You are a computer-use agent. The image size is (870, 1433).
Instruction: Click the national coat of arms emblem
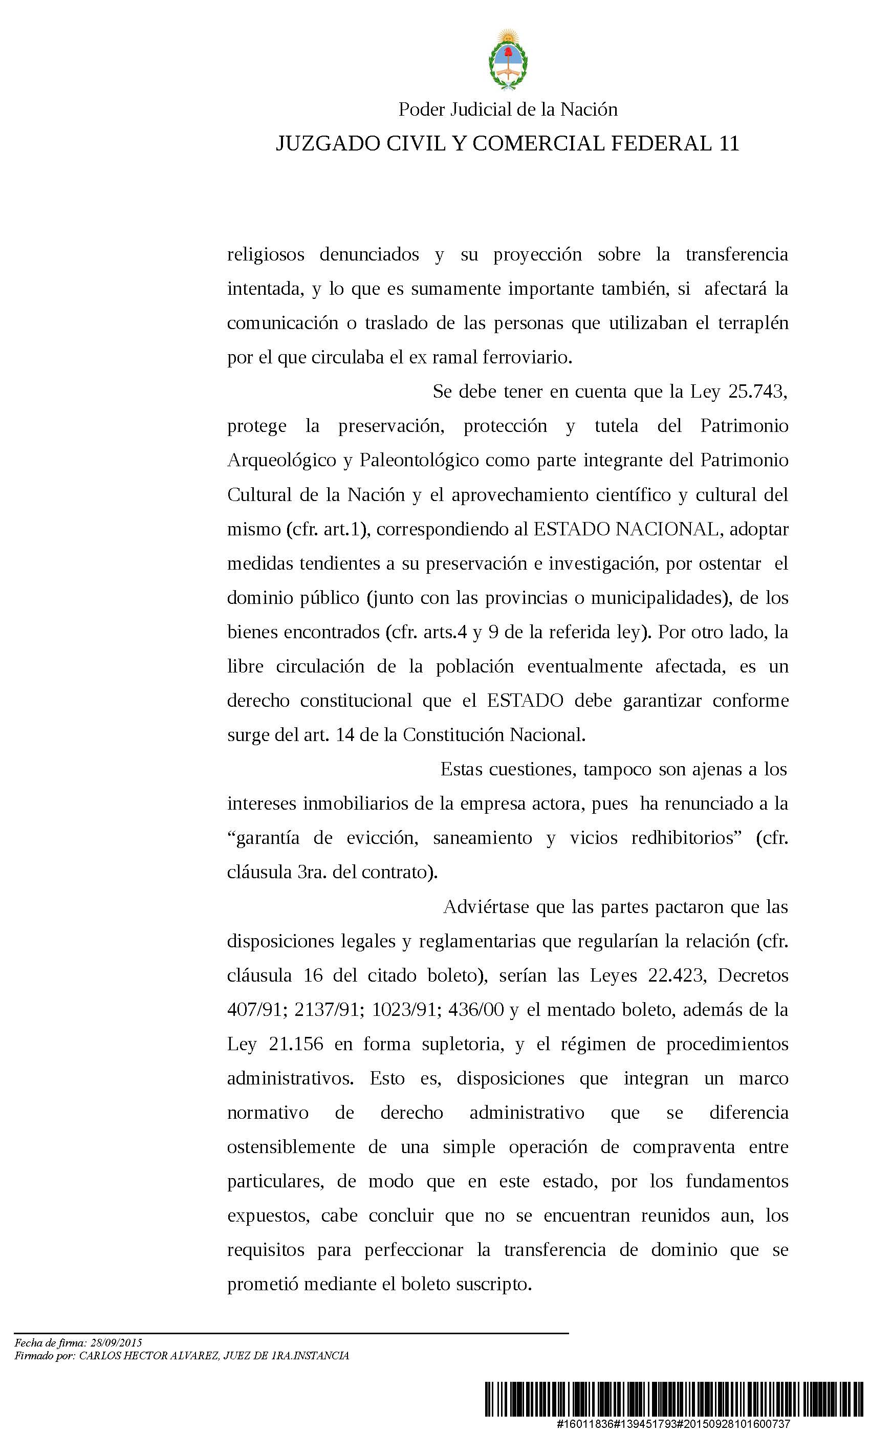coord(508,60)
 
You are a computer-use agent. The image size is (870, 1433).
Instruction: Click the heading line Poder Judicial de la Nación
coord(508,110)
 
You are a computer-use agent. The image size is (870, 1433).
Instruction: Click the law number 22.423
coord(676,975)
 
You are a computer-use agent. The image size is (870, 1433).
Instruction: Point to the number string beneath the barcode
coord(673,1423)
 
